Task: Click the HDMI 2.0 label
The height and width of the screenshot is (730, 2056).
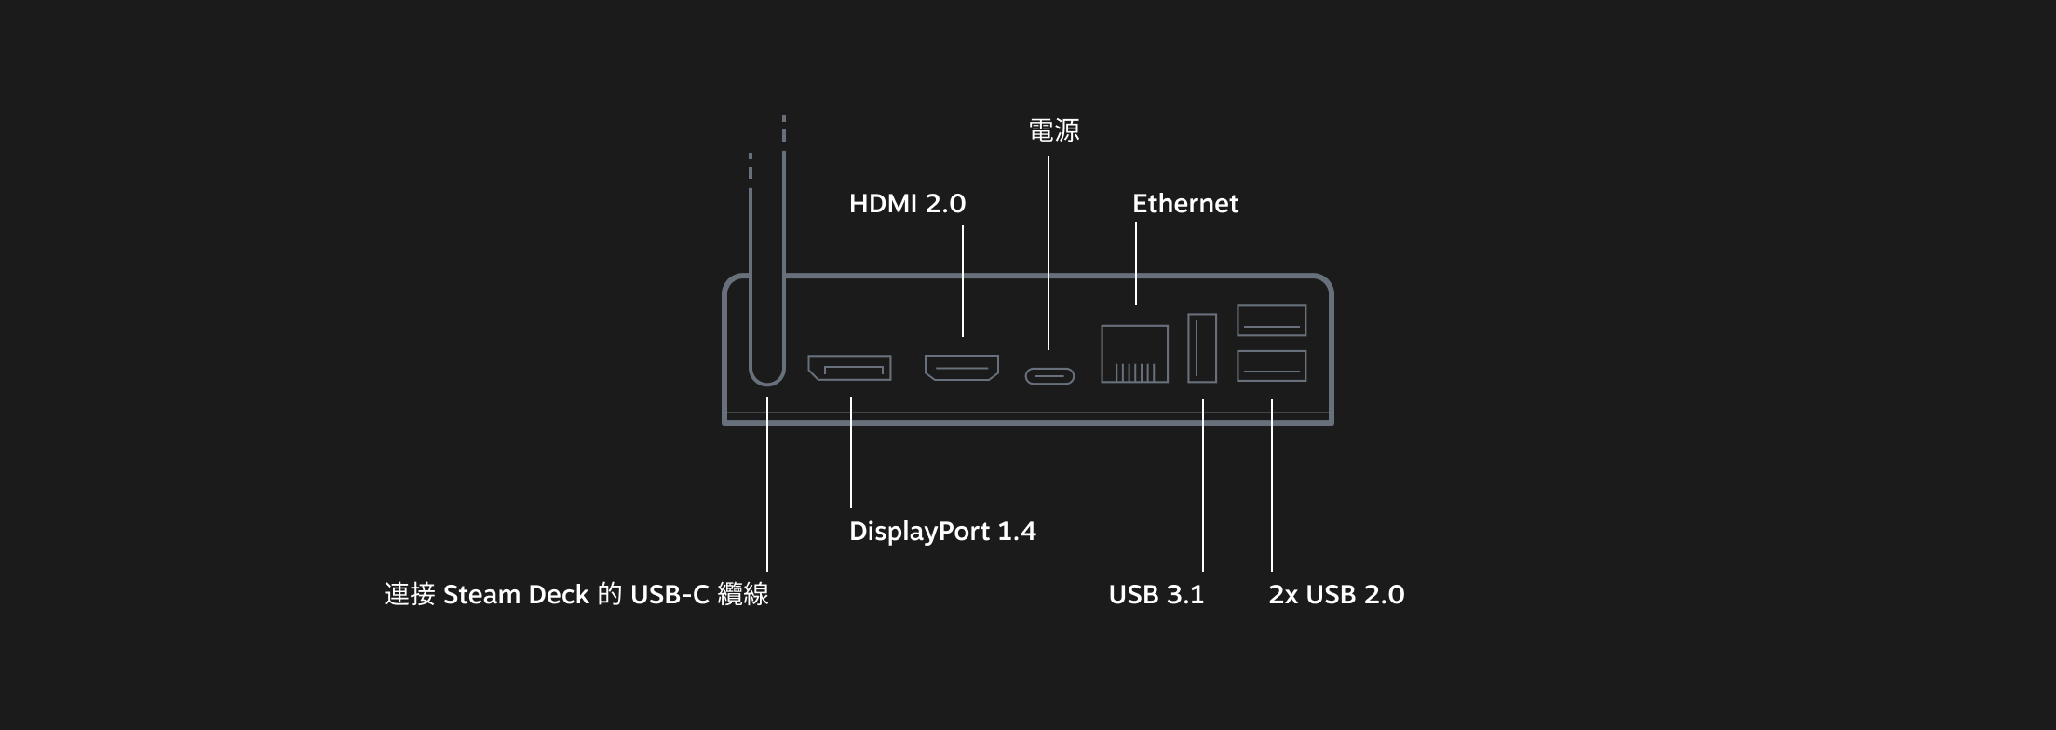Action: pos(907,204)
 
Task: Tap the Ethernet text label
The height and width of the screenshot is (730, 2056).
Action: pos(1184,204)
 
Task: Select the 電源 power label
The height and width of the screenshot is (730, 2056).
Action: pos(1054,130)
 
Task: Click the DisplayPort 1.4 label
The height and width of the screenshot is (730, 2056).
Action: pos(942,532)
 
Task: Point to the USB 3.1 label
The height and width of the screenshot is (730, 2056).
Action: pos(1156,595)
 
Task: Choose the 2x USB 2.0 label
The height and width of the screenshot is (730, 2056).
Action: pos(1336,595)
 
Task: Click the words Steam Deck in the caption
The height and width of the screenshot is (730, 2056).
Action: pos(516,595)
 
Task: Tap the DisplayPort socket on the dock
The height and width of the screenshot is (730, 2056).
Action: pos(849,368)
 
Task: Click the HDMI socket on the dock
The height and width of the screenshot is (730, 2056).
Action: pos(962,368)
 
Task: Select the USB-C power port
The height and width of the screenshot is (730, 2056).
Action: pos(1049,376)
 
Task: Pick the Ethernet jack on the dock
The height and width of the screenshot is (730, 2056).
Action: pos(1134,354)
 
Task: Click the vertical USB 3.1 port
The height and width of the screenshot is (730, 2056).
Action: pos(1202,347)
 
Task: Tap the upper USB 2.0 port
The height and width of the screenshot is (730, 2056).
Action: pos(1271,320)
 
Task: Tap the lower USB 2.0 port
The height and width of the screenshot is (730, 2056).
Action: pos(1271,366)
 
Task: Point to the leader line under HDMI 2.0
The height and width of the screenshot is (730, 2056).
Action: pos(963,279)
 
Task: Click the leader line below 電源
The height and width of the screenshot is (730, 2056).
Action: pos(1048,251)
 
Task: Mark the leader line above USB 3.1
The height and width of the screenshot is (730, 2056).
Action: pos(1203,484)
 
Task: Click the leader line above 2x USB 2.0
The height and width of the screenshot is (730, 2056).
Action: pos(1272,484)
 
